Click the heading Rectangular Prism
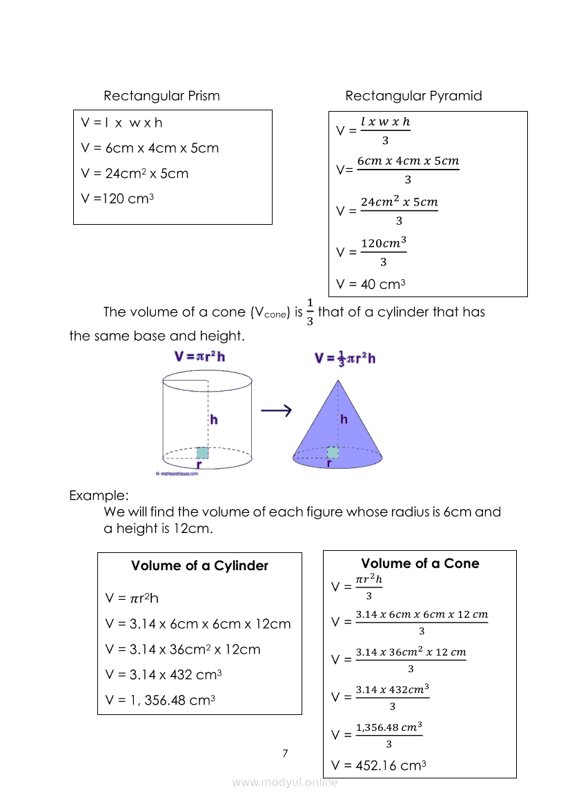pyautogui.click(x=161, y=96)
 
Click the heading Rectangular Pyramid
pyautogui.click(x=413, y=96)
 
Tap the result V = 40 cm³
pyautogui.click(x=371, y=284)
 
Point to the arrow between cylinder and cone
pyautogui.click(x=276, y=411)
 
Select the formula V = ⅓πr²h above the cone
pyautogui.click(x=345, y=359)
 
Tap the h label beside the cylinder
pyautogui.click(x=214, y=419)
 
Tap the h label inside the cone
pyautogui.click(x=344, y=419)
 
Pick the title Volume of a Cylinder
pyautogui.click(x=199, y=566)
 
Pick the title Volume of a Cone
pyautogui.click(x=420, y=563)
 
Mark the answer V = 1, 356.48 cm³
pyautogui.click(x=161, y=701)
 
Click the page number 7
pyautogui.click(x=285, y=753)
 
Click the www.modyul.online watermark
pyautogui.click(x=285, y=782)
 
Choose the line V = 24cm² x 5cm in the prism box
pyautogui.click(x=135, y=174)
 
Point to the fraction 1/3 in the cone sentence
pyautogui.click(x=310, y=312)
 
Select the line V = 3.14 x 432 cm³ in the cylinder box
pyautogui.click(x=164, y=675)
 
